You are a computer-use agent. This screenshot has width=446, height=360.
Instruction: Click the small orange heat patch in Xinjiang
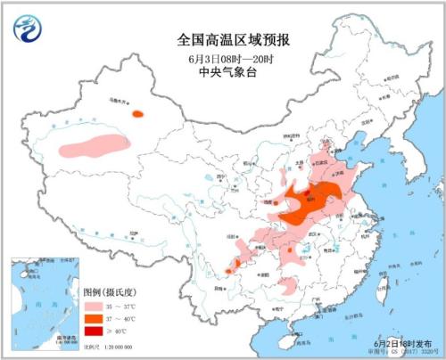pos(137,113)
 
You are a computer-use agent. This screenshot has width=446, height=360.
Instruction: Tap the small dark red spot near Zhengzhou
pos(307,191)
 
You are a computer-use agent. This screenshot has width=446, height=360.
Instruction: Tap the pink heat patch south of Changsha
pos(289,286)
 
